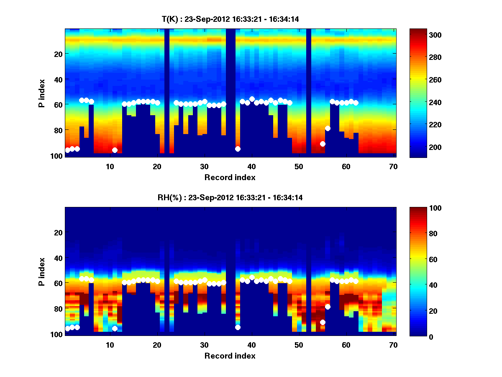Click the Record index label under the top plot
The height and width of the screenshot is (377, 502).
pyautogui.click(x=230, y=177)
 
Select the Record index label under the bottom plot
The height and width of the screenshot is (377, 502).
pyautogui.click(x=230, y=356)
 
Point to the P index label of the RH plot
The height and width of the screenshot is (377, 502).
pyautogui.click(x=42, y=271)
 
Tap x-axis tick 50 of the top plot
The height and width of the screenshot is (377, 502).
pyautogui.click(x=299, y=166)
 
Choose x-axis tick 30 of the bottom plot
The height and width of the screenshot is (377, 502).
pyautogui.click(x=204, y=345)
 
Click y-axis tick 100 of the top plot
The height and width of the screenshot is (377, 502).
pyautogui.click(x=57, y=156)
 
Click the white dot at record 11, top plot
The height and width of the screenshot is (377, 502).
pyautogui.click(x=115, y=150)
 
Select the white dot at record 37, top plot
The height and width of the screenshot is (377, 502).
pyautogui.click(x=238, y=149)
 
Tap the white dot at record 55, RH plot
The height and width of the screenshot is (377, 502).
pyautogui.click(x=323, y=322)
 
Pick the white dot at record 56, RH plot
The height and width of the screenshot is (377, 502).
pyautogui.click(x=328, y=307)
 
